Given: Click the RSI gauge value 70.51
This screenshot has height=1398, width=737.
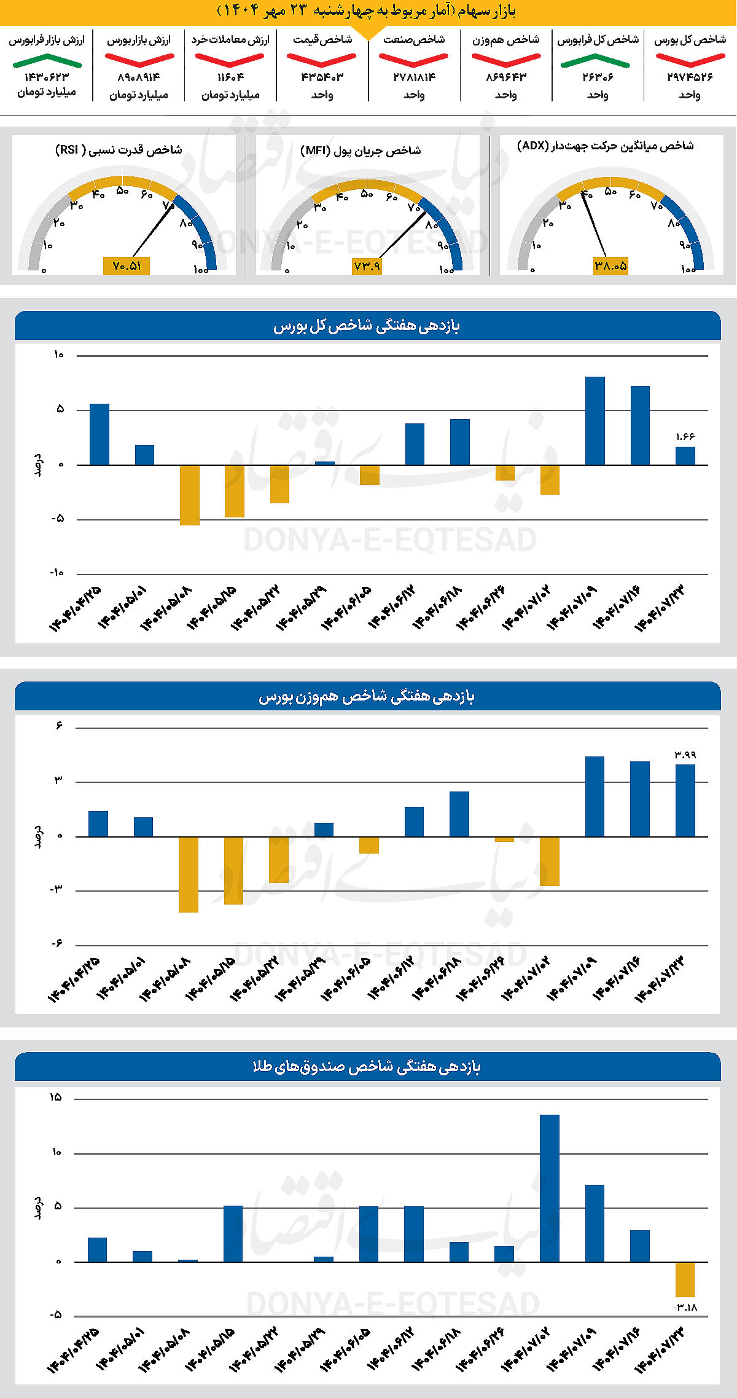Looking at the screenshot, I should point(127,266).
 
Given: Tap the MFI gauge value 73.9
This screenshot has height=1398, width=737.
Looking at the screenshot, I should point(367,266).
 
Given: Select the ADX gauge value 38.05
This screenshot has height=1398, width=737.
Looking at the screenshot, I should point(610,266).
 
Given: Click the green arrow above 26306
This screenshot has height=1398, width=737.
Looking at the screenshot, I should point(595,60).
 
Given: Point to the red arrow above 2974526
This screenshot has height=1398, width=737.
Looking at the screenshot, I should point(690,60).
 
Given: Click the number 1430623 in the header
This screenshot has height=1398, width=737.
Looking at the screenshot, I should point(47,77).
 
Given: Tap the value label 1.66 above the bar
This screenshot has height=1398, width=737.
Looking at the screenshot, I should point(685,437).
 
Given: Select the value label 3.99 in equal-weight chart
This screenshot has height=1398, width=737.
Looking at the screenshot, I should point(685,755).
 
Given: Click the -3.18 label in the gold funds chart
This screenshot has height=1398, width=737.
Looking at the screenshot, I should point(685,1307).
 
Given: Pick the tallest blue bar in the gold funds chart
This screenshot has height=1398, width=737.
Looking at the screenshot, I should point(550,1188).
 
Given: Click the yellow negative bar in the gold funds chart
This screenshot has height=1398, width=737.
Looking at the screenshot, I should point(685,1279).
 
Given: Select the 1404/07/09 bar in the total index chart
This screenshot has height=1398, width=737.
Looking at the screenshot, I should point(595,421).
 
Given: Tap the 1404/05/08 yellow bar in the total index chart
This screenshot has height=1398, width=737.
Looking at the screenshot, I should point(190,495).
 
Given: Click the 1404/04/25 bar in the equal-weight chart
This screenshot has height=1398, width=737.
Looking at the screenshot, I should point(98,824).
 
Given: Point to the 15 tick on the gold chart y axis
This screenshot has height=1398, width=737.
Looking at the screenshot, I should point(56,1098).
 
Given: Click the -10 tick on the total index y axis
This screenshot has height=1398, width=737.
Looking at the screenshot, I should point(57,573).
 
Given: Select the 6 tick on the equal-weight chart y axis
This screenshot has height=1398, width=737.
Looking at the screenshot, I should point(59,726).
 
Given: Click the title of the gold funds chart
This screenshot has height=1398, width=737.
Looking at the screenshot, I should point(367,1067).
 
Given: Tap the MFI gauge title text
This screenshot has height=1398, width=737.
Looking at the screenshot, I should point(361,151).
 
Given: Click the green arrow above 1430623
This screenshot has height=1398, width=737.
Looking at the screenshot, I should point(47,60).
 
